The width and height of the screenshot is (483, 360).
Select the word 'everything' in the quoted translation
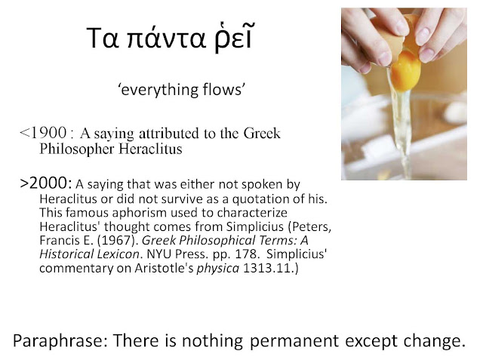pyautogui.click(x=159, y=90)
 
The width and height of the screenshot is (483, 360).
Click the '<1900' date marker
pyautogui.click(x=43, y=133)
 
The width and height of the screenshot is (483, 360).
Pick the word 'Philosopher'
pyautogui.click(x=77, y=149)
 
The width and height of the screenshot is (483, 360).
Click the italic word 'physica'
pyautogui.click(x=218, y=269)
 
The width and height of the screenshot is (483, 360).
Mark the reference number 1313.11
pyautogui.click(x=266, y=268)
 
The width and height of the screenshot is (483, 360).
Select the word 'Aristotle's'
pyautogui.click(x=164, y=268)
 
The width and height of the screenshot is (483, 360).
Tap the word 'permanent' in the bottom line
pyautogui.click(x=294, y=341)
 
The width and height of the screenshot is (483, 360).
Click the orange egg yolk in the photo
pyautogui.click(x=405, y=71)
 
